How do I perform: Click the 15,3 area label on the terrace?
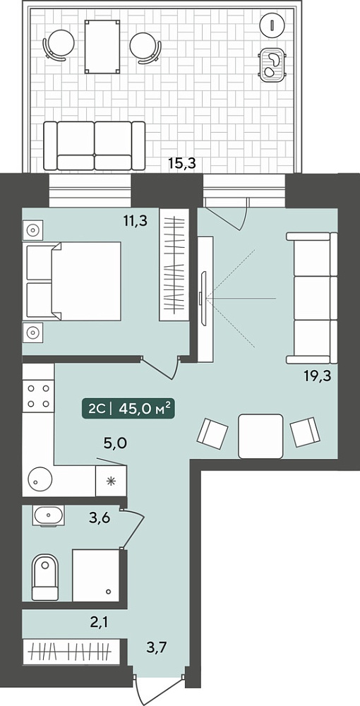point(182,163)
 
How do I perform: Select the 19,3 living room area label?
point(318,376)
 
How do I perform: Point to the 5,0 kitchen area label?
point(115,443)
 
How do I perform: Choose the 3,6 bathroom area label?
point(100,517)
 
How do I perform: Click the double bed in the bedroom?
point(74,282)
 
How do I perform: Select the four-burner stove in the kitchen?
point(38,396)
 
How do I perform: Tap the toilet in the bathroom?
point(45,578)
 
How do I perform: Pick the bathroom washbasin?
point(48,516)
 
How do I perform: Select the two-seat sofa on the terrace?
point(95,146)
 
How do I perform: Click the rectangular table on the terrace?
point(103,46)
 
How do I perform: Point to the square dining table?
point(261,436)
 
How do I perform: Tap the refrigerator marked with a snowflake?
point(111,481)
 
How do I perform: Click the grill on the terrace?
point(272,65)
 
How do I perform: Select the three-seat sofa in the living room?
point(312,298)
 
